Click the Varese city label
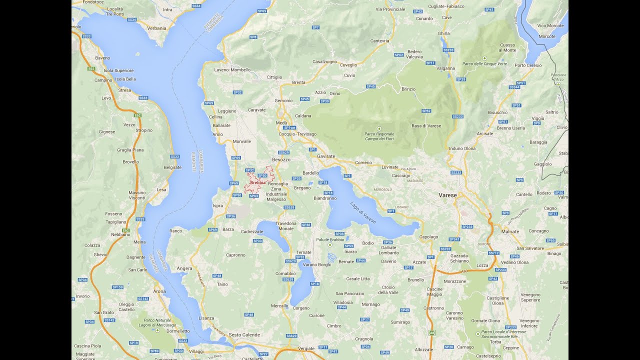pos(447,195)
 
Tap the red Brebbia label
pos(257,182)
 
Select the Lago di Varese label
pos(363,212)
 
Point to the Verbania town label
pos(157,28)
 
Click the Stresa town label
pos(124,90)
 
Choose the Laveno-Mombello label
pos(232,70)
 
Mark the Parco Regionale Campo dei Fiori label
pos(379,136)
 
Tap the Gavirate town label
pos(326,156)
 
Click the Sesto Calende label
pos(244,334)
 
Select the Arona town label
pos(159,291)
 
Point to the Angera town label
pos(184,268)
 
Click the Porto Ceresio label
pos(528,65)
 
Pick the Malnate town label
pos(510,231)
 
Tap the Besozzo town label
pos(281,159)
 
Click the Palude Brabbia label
pos(330,239)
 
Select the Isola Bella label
pos(125,79)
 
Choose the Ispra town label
pos(217,205)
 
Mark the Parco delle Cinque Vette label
pos(484,64)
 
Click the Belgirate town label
pos(172,167)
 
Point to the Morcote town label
pos(547,36)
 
